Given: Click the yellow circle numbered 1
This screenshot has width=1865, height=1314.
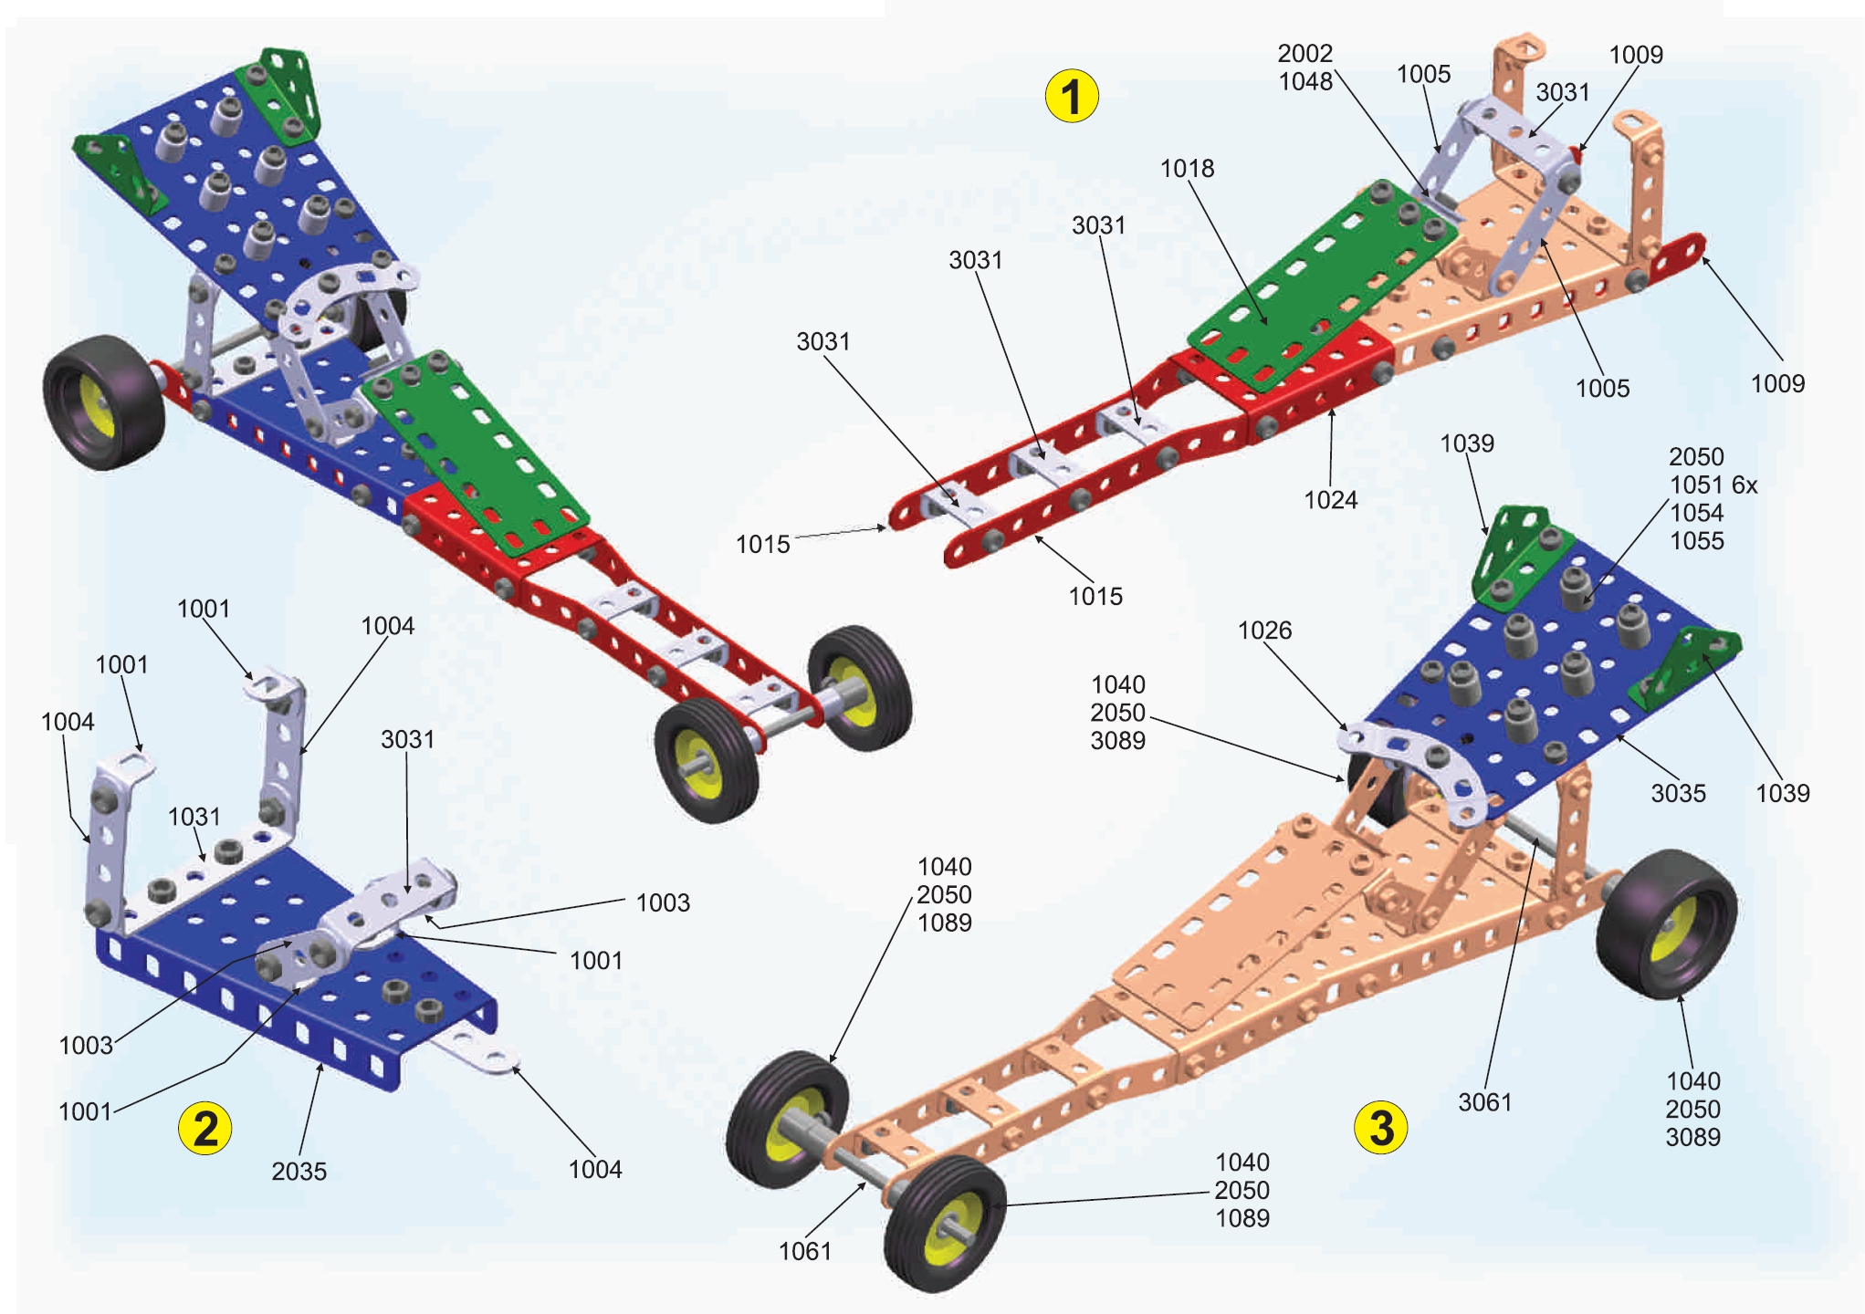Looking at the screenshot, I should pos(1071,96).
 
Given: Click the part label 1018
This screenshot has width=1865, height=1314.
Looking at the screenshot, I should pos(1187,169).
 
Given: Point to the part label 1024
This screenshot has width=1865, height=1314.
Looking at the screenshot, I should pos(1330,500).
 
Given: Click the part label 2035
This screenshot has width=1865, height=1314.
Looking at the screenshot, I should pos(299,1172).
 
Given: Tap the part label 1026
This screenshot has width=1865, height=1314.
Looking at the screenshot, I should pos(1264,631).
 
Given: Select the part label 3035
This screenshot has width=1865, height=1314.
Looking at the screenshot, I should pos(1678,794).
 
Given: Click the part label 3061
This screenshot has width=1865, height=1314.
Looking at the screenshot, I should pos(1484,1103).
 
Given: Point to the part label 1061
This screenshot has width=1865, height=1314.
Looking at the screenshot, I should pos(804,1251).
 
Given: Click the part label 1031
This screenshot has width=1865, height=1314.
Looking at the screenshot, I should pos(194,817).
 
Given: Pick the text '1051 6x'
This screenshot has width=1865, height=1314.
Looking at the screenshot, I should pos(1713,485).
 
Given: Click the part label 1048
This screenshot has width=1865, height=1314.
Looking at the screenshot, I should pos(1305,82).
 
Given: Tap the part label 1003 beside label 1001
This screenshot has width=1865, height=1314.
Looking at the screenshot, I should pos(663,903).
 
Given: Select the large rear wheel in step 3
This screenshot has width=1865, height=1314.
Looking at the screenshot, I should pos(1665,923).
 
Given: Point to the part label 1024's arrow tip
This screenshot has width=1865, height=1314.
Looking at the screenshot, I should pos(1332,410).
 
